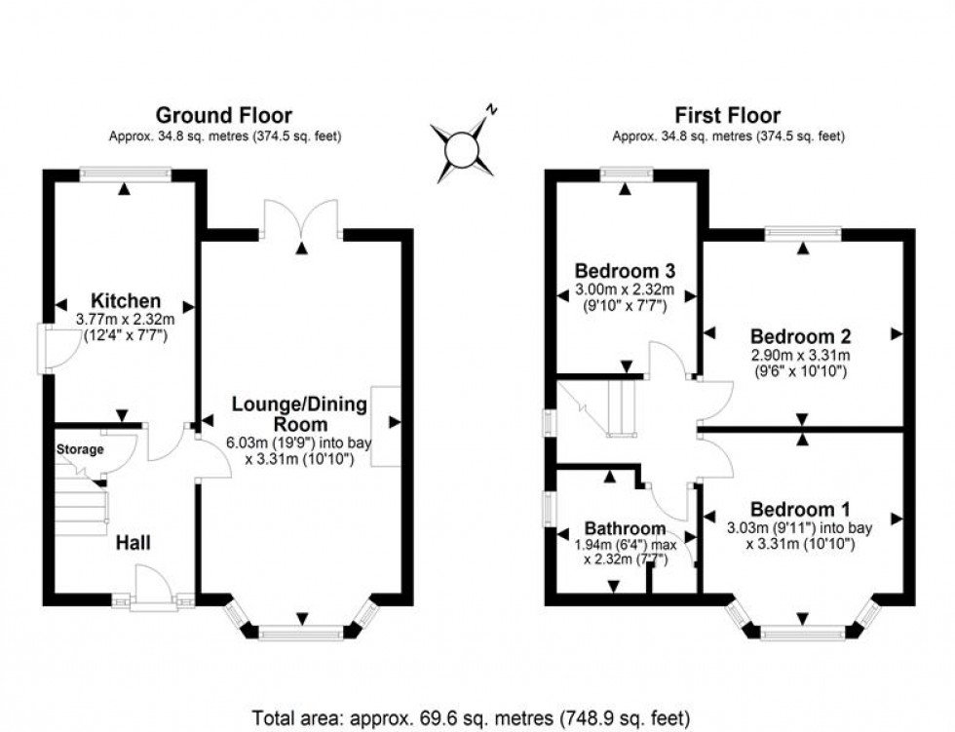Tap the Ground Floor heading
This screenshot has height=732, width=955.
[x=224, y=116]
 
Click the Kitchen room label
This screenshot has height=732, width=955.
[x=126, y=300]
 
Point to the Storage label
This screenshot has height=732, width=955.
[x=79, y=449]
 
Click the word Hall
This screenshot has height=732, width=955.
[x=134, y=541]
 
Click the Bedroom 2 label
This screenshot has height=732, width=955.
[x=800, y=336]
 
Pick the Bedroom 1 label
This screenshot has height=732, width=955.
[x=800, y=509]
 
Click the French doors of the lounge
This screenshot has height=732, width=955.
[x=301, y=222]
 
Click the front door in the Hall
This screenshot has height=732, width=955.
[x=153, y=590]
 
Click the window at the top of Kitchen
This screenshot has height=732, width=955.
[x=126, y=173]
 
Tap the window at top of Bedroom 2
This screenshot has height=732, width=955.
[x=803, y=233]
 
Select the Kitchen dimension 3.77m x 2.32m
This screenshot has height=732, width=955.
[x=126, y=318]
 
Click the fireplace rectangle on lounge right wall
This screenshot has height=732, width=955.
[x=385, y=426]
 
